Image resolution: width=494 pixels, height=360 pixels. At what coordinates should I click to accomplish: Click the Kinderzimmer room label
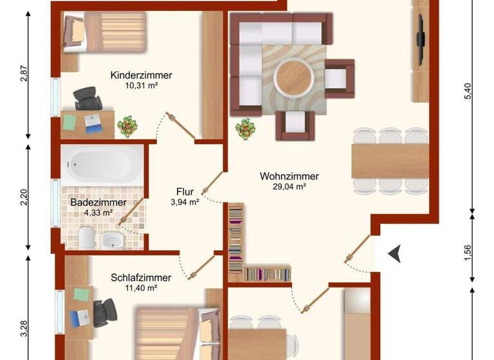[x=141, y=74]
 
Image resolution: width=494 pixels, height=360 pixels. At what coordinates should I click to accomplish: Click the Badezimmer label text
[x=98, y=202]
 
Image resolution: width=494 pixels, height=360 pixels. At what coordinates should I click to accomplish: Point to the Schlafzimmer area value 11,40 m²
[x=141, y=289]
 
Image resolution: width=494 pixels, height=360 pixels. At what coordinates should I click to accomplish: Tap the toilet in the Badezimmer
[x=86, y=237]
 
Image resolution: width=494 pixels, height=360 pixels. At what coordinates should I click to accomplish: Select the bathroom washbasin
[x=113, y=240]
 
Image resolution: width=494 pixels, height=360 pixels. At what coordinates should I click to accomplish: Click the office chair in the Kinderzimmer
[x=87, y=100]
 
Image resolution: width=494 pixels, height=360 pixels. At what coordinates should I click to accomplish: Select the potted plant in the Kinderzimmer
[x=128, y=125]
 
